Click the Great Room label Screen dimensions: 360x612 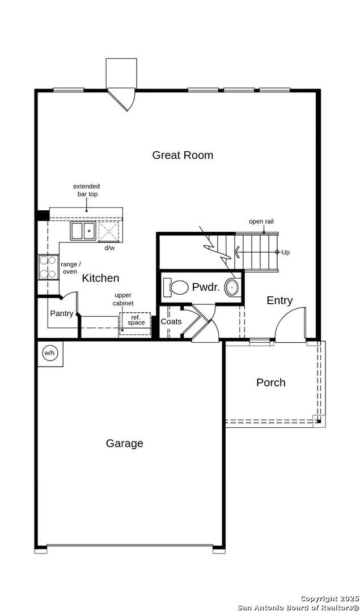coord(183,155)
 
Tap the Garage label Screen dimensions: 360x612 coord(124,443)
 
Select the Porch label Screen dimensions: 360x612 coord(270,382)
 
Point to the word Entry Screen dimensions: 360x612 coord(279,300)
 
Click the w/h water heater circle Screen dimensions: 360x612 coord(49,353)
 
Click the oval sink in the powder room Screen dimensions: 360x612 coord(232,288)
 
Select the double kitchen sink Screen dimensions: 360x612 coord(83,230)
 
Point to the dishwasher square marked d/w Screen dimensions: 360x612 coord(109,231)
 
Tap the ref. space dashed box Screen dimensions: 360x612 coord(135,324)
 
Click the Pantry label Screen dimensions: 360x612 coord(62,313)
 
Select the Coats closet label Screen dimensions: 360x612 coord(171,322)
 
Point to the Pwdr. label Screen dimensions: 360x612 coord(206,288)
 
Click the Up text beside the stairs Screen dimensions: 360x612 coord(285,252)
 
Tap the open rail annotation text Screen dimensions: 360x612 coord(261,222)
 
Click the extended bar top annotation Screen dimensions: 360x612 coord(87,190)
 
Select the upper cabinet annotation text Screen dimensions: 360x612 coord(123,300)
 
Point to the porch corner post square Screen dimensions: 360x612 coord(319,421)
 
